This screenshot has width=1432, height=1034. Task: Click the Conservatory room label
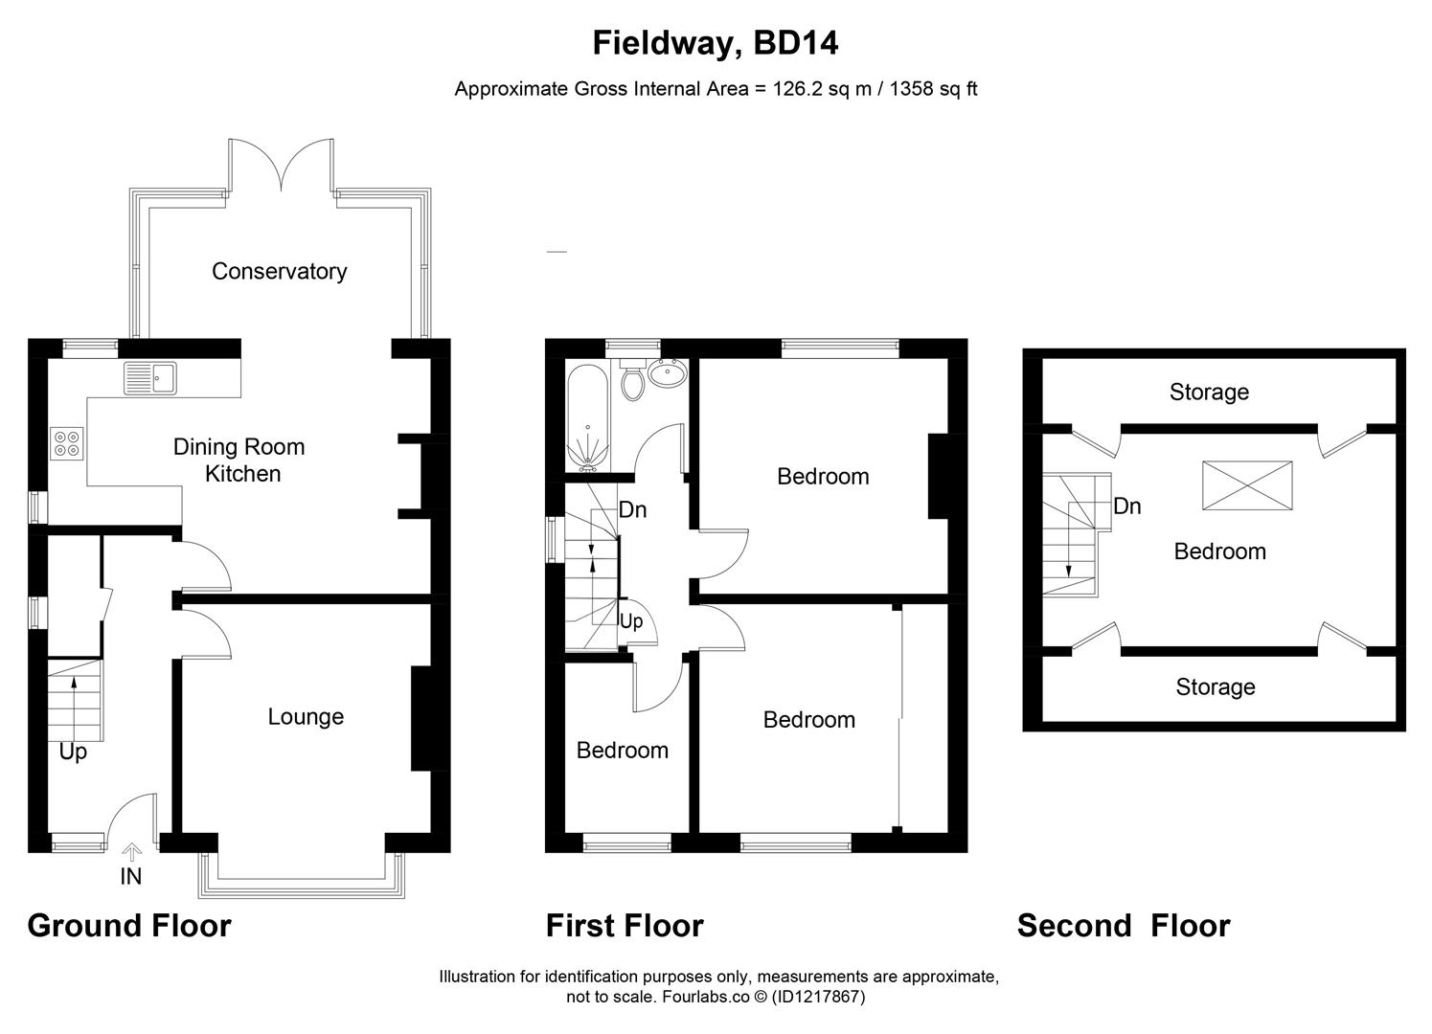[279, 271]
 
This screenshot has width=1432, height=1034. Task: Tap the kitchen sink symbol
[150, 378]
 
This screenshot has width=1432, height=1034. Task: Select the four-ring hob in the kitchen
[67, 442]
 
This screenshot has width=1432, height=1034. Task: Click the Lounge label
[306, 716]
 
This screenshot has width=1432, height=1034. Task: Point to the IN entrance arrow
[131, 851]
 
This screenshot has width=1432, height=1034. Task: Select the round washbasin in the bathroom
[667, 373]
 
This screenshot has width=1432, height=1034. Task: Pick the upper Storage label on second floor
[1209, 392]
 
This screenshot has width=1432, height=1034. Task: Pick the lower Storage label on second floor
[1215, 686]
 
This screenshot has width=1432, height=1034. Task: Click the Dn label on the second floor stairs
[1126, 506]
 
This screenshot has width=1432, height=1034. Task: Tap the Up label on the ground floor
[73, 752]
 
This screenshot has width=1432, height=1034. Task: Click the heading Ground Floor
[129, 926]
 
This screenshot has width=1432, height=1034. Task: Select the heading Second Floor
[1124, 926]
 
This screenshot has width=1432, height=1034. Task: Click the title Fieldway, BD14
[716, 43]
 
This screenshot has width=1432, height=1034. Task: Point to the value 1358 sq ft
[934, 89]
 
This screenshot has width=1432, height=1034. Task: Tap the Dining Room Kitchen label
[239, 460]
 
